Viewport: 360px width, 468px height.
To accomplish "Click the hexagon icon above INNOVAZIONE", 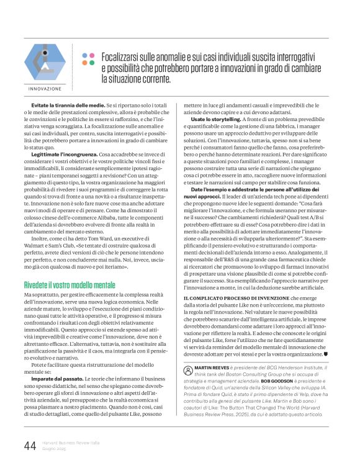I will coord(45,61).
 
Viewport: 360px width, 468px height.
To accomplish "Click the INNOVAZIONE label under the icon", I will coord(45,89).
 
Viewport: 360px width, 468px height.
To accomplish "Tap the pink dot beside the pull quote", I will coord(84,54).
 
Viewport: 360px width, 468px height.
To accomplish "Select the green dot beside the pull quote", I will coord(91,54).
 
